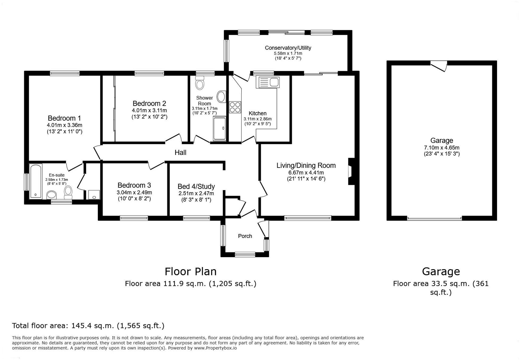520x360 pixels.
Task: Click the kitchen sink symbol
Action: pyautogui.click(x=267, y=82)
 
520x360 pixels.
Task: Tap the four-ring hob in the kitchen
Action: pyautogui.click(x=235, y=107)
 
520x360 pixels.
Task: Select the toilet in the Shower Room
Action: pyautogui.click(x=200, y=83)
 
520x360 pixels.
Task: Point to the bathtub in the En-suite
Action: pyautogui.click(x=36, y=181)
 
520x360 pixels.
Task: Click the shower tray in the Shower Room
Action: pyautogui.click(x=220, y=129)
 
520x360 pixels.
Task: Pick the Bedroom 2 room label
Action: pyautogui.click(x=149, y=103)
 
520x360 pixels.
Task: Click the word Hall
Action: pyautogui.click(x=180, y=153)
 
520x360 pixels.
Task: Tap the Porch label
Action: pyautogui.click(x=245, y=236)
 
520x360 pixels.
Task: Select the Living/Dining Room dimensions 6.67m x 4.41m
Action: pyautogui.click(x=306, y=173)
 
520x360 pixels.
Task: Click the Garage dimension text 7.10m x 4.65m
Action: pyautogui.click(x=442, y=148)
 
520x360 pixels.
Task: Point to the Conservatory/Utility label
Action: pyautogui.click(x=288, y=48)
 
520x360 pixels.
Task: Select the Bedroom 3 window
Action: pyautogui.click(x=134, y=218)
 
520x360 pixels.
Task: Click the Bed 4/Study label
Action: pyautogui.click(x=196, y=187)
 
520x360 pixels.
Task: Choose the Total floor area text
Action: pyautogui.click(x=88, y=325)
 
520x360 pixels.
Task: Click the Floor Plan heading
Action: pyautogui.click(x=190, y=271)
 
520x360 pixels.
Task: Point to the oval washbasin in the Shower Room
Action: pyautogui.click(x=221, y=97)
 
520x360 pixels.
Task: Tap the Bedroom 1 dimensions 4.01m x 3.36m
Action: pyautogui.click(x=64, y=125)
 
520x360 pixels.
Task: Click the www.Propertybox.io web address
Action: pyautogui.click(x=215, y=348)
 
